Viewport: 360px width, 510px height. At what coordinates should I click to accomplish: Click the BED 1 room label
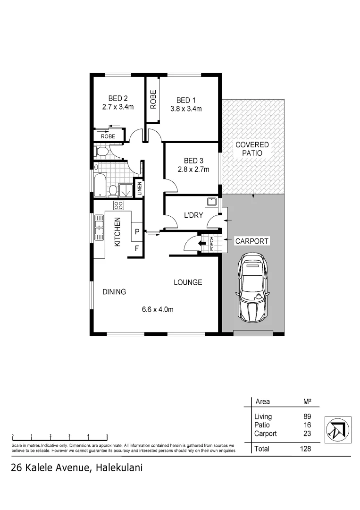(x=186, y=100)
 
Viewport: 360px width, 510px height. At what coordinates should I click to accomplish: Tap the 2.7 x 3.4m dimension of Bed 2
(x=118, y=107)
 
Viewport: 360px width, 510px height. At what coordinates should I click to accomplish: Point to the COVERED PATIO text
(x=252, y=149)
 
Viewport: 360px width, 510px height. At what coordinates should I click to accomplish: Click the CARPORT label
(x=252, y=241)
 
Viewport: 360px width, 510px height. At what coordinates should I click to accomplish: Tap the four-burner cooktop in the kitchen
(x=118, y=205)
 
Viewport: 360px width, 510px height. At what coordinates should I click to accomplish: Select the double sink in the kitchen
(x=99, y=225)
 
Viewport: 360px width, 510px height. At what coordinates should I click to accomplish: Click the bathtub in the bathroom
(x=99, y=186)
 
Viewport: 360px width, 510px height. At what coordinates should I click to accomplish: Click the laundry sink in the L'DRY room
(x=211, y=203)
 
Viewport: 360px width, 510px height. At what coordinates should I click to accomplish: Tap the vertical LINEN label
(x=139, y=188)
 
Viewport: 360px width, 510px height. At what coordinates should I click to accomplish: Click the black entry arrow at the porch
(x=202, y=244)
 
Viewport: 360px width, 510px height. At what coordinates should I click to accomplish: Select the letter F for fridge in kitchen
(x=137, y=247)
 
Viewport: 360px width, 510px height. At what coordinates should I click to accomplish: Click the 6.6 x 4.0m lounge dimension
(x=158, y=310)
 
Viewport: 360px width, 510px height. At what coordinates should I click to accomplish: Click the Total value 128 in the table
(x=305, y=449)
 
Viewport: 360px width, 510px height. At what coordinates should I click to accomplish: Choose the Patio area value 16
(x=307, y=425)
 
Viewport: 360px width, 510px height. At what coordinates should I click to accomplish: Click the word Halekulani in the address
(x=119, y=468)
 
